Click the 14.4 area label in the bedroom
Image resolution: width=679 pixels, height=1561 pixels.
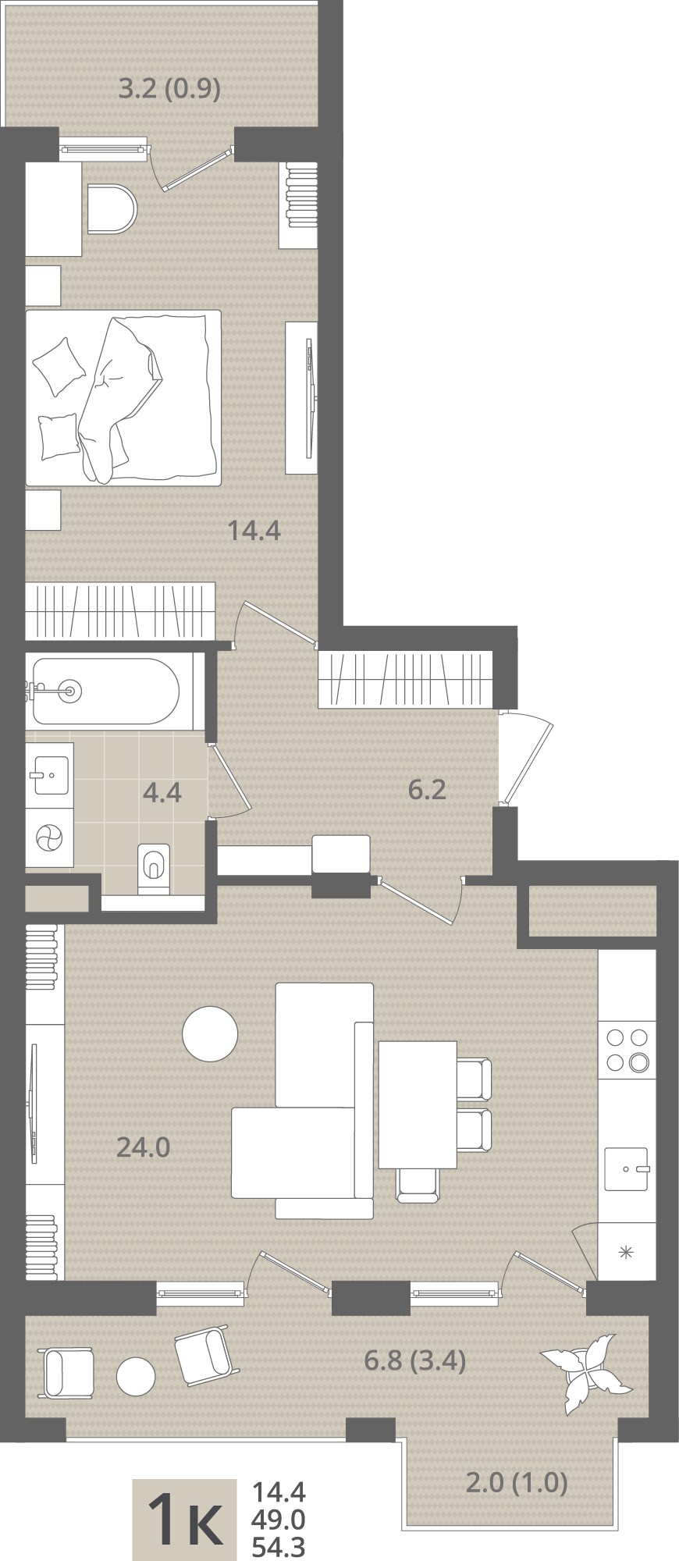(x=254, y=531)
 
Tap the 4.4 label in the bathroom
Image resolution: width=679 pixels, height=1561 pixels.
(x=162, y=792)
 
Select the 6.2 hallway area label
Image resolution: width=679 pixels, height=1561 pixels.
(x=427, y=789)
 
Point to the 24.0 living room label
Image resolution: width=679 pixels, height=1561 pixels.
(x=143, y=1147)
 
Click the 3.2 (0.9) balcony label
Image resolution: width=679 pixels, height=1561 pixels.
(x=169, y=88)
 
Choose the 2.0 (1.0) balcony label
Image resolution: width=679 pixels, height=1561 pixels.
(x=516, y=1482)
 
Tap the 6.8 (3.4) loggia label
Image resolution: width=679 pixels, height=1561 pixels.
(x=415, y=1360)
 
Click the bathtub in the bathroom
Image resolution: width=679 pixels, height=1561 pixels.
(x=105, y=691)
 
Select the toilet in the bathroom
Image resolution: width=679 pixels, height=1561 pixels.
(x=154, y=868)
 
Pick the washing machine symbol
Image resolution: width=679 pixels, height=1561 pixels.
(x=48, y=839)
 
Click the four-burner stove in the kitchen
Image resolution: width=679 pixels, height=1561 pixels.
(x=627, y=1050)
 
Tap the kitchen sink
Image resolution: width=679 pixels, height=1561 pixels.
(x=627, y=1168)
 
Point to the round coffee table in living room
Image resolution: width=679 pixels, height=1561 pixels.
(x=210, y=1033)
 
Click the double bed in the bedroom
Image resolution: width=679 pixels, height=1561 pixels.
(x=123, y=398)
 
